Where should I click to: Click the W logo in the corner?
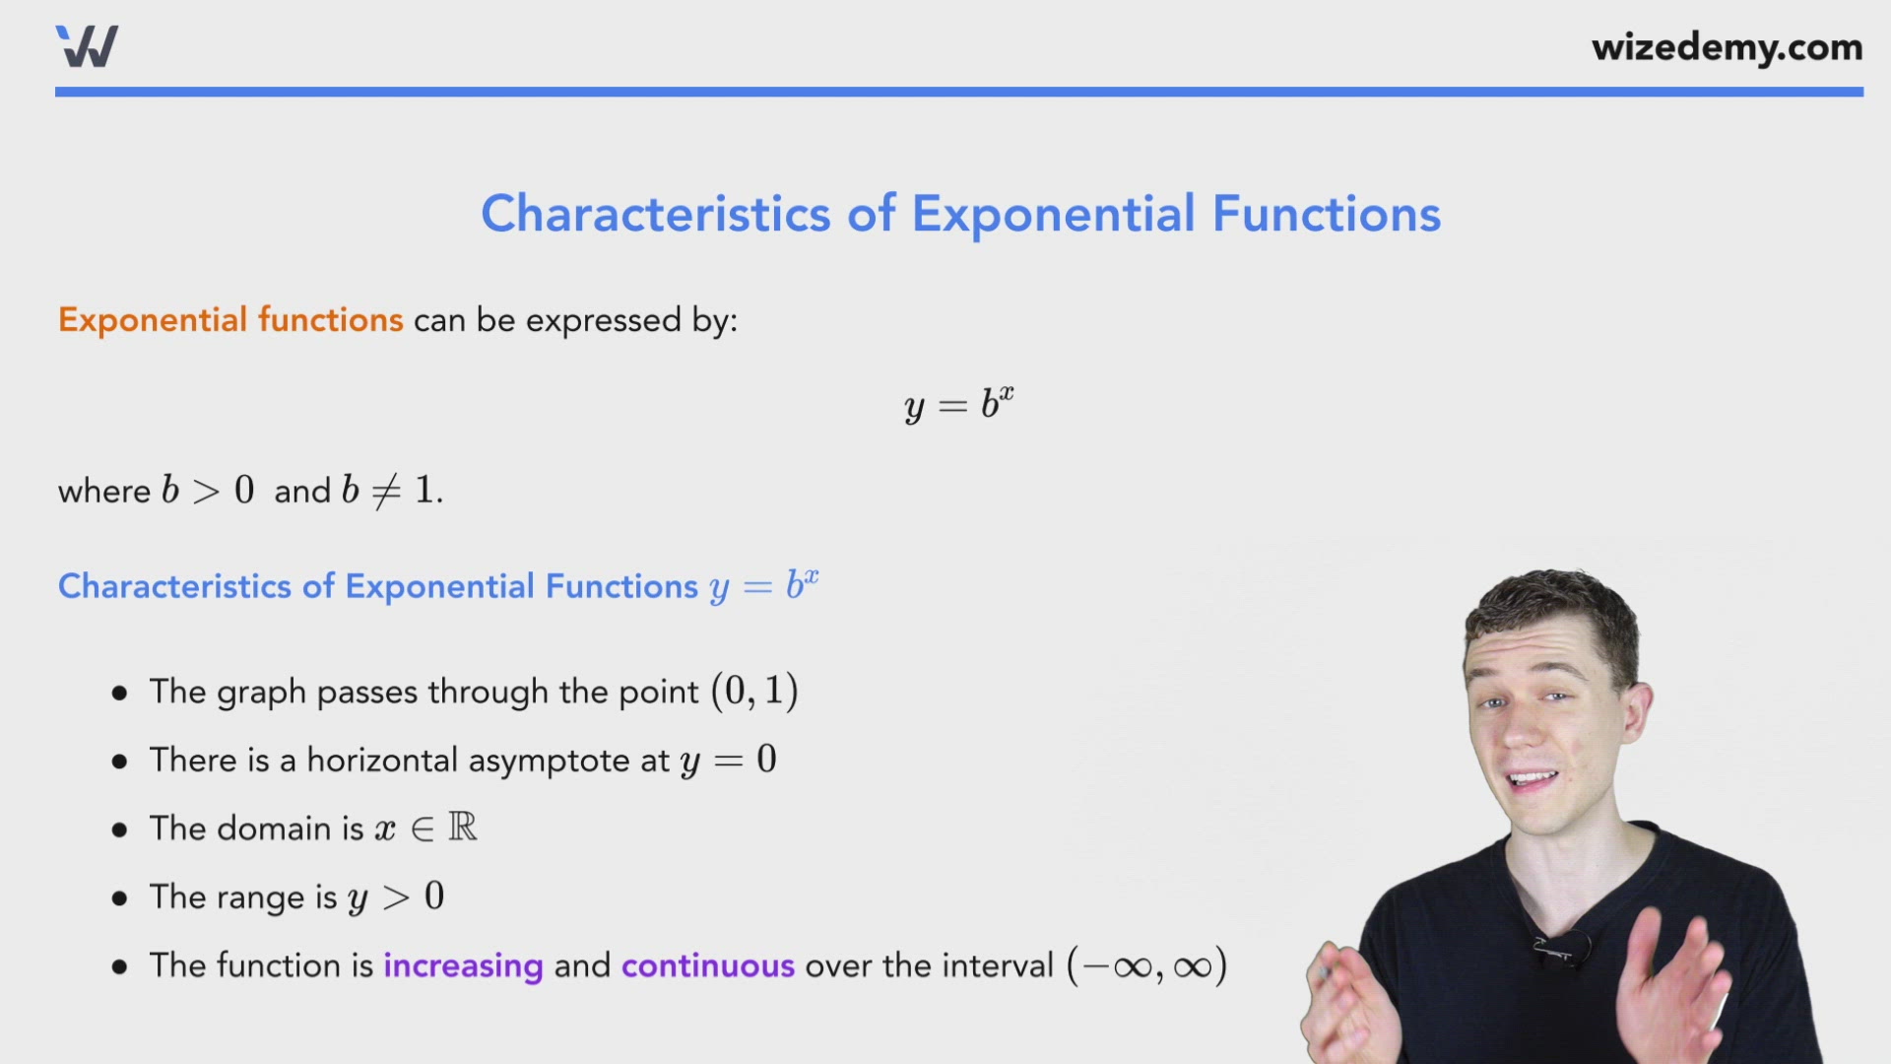click(x=87, y=46)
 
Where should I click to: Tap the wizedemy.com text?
click(x=1727, y=47)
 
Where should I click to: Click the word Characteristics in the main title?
click(x=656, y=214)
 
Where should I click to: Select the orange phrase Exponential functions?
click(x=230, y=320)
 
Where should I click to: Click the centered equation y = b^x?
click(x=958, y=404)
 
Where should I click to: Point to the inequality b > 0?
click(x=208, y=491)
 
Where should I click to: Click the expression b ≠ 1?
click(x=391, y=491)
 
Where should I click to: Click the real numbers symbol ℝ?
click(x=462, y=827)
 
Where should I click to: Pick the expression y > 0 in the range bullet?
click(x=396, y=898)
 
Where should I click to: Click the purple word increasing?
click(x=463, y=965)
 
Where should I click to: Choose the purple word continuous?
click(x=707, y=965)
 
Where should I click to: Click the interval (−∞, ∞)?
click(x=1147, y=965)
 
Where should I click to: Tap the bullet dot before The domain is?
click(x=120, y=830)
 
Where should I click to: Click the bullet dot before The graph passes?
click(x=120, y=694)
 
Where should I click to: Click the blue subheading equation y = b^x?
click(x=763, y=586)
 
